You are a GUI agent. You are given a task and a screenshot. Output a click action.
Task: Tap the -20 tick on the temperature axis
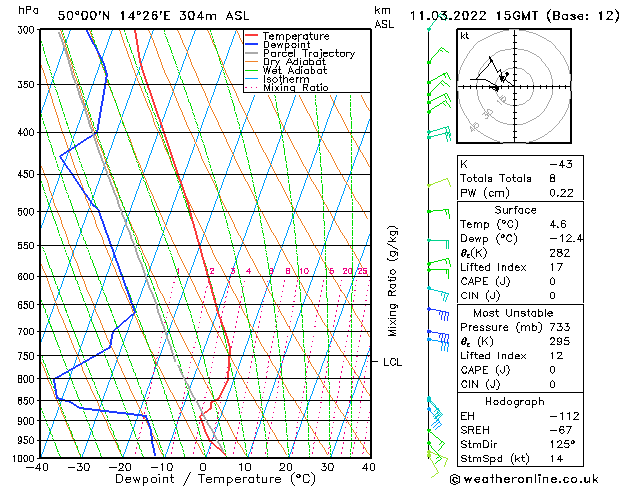pyautogui.click(x=121, y=466)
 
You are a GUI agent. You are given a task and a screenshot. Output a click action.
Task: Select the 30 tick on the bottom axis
pyautogui.click(x=327, y=466)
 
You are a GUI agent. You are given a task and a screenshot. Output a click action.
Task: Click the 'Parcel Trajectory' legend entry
pyautogui.click(x=308, y=53)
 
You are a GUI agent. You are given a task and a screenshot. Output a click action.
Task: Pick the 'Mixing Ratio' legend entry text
pyautogui.click(x=295, y=88)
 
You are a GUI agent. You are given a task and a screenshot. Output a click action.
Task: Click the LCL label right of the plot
pyautogui.click(x=393, y=362)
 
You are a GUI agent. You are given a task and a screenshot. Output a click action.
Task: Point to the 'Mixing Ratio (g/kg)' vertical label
pyautogui.click(x=393, y=281)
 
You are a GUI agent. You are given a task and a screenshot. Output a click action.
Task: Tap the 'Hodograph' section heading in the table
pyautogui.click(x=515, y=400)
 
